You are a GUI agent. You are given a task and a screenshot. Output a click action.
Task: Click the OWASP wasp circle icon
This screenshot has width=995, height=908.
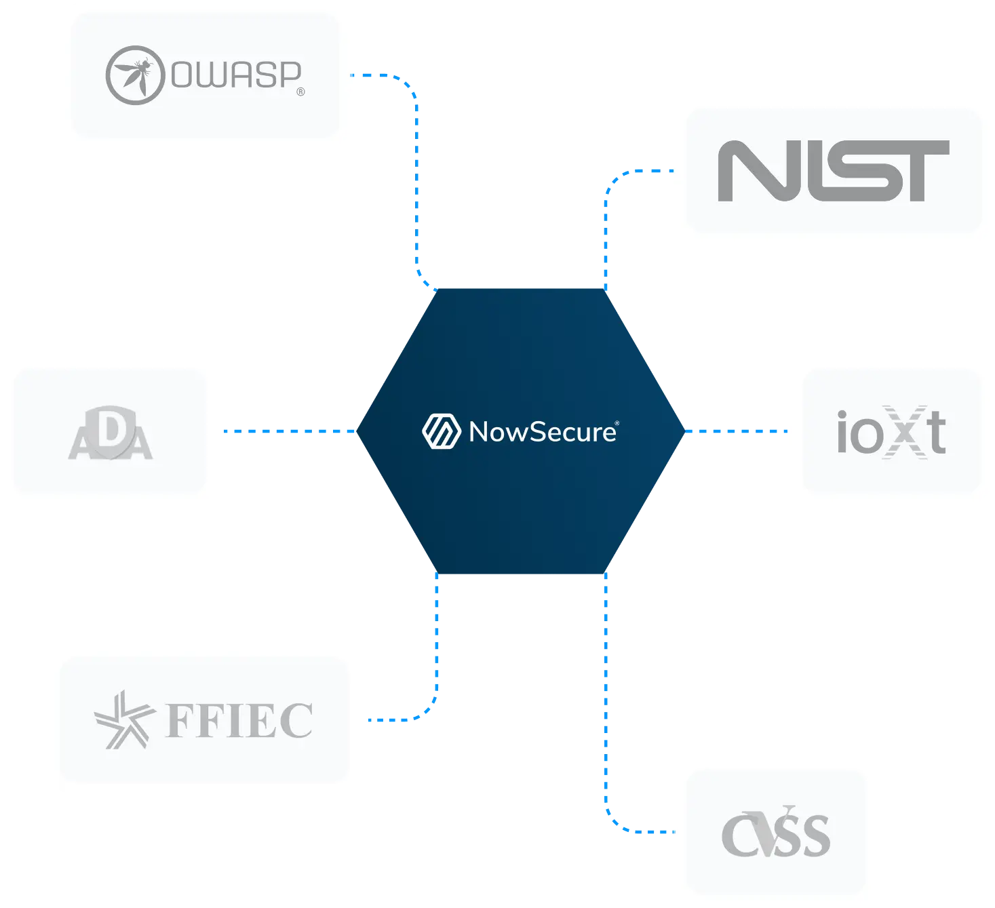pyautogui.click(x=135, y=75)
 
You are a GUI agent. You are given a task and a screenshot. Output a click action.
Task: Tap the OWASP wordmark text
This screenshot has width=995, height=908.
pyautogui.click(x=236, y=75)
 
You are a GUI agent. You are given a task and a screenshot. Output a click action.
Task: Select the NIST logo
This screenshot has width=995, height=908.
pyautogui.click(x=834, y=171)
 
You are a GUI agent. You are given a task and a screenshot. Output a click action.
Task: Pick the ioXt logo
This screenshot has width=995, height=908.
pyautogui.click(x=891, y=432)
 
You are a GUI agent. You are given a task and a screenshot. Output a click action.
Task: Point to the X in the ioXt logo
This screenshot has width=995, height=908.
pyautogui.click(x=905, y=432)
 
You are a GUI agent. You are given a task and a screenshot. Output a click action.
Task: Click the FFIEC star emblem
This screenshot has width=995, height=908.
pyautogui.click(x=125, y=719)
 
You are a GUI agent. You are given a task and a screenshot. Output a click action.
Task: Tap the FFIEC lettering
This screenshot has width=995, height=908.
pyautogui.click(x=239, y=721)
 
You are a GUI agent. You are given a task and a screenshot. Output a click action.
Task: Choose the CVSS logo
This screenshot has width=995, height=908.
pyautogui.click(x=776, y=831)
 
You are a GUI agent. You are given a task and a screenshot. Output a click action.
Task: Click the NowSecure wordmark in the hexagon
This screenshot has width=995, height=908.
pyautogui.click(x=543, y=432)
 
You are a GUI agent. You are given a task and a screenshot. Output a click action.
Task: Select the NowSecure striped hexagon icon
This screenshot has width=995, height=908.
pyautogui.click(x=442, y=431)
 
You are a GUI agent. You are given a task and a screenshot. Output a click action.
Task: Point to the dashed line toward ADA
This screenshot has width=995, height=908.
pyautogui.click(x=290, y=431)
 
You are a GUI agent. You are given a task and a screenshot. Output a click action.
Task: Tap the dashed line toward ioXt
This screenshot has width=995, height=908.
pyautogui.click(x=736, y=431)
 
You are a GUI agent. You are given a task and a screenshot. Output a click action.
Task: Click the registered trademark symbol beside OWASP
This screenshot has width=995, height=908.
pyautogui.click(x=300, y=92)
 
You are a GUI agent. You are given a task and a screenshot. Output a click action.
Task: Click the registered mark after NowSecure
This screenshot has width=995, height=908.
pyautogui.click(x=617, y=423)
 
